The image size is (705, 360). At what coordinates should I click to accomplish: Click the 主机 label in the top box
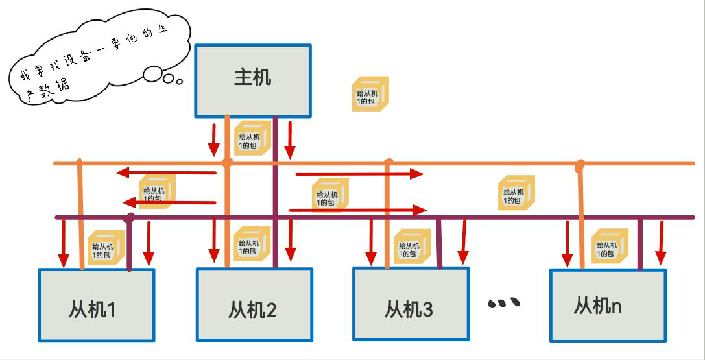pos(252,78)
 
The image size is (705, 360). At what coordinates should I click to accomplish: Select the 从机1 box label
pos(92,309)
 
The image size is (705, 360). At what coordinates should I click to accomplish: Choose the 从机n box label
pos(597,306)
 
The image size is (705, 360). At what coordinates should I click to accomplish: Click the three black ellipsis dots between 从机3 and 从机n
pos(505,302)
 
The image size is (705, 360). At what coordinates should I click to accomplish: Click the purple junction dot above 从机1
pos(130,217)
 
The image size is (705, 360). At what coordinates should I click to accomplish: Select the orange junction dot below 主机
pos(227,162)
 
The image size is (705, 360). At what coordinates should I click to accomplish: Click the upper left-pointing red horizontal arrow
pos(165,173)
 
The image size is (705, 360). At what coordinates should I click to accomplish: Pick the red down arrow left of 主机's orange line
pos(213,138)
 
